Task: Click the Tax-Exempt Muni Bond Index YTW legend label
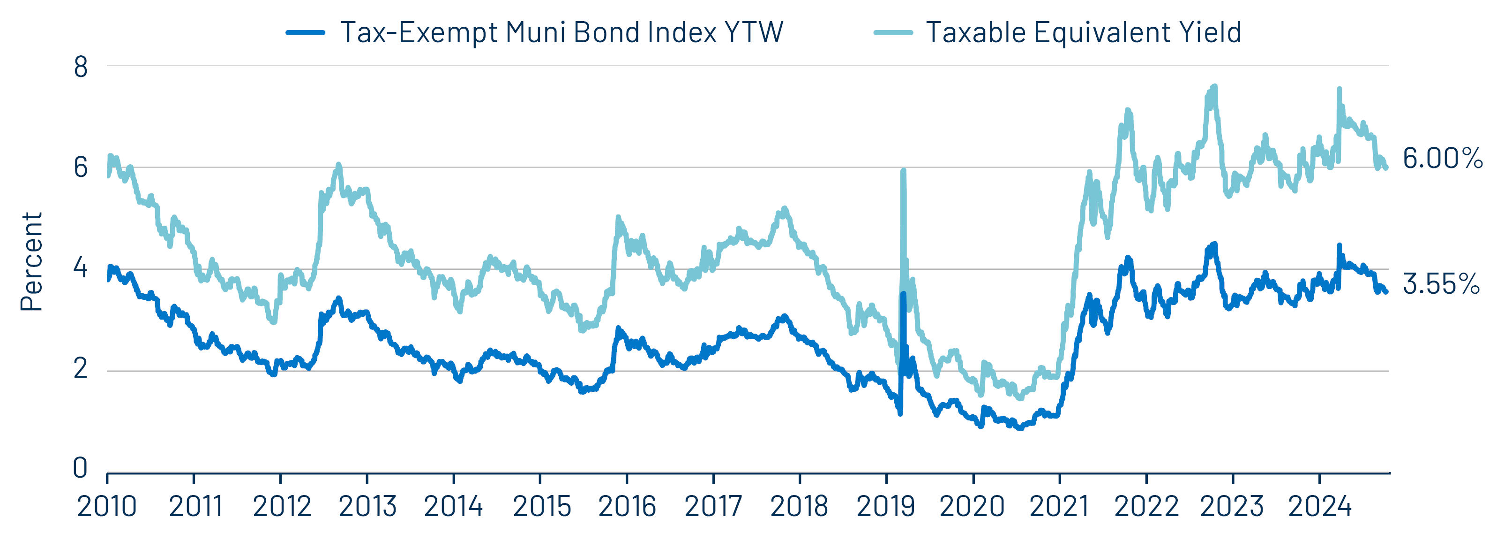coord(561,32)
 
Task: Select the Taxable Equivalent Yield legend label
coord(1083,32)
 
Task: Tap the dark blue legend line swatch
coord(305,32)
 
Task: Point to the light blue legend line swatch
coord(893,32)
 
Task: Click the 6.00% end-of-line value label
coord(1442,158)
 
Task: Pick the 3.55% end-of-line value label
coord(1441,284)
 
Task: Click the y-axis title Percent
coord(31,262)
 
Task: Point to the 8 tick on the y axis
coord(81,67)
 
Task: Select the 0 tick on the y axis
coord(80,468)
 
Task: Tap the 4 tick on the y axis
coord(80,268)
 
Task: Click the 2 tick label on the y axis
coord(80,368)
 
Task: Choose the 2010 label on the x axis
coord(107,506)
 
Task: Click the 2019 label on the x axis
coord(886,506)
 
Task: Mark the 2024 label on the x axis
coord(1319,506)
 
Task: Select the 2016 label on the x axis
coord(627,506)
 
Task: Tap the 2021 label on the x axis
coord(1059,506)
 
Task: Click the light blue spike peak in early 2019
coord(903,171)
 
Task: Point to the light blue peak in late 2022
coord(1214,87)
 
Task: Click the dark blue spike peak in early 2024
coord(1339,246)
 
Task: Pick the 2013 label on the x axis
coord(367,506)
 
